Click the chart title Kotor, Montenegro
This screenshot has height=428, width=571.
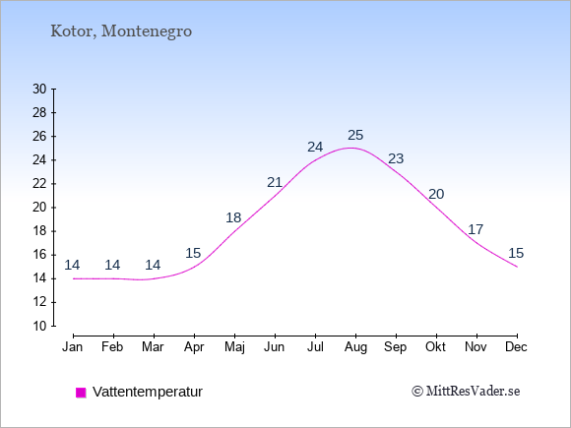(x=121, y=31)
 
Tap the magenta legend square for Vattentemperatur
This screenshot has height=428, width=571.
(x=81, y=393)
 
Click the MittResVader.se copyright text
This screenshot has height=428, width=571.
(x=466, y=392)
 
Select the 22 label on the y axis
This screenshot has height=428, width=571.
(x=39, y=184)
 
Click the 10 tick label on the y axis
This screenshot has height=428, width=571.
(x=39, y=326)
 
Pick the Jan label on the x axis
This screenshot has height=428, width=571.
(x=73, y=347)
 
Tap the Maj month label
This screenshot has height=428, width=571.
(x=234, y=347)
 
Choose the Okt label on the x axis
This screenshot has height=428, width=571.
(x=435, y=347)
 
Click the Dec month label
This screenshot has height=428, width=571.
(x=517, y=347)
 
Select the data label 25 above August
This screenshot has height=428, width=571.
(x=355, y=136)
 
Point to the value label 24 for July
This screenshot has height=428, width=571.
(x=315, y=147)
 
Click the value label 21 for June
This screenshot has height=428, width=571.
(x=275, y=182)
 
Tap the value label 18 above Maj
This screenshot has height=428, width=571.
(x=233, y=217)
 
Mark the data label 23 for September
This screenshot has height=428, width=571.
(x=396, y=158)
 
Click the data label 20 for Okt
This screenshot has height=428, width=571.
(x=436, y=195)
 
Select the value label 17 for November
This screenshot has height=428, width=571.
(x=476, y=229)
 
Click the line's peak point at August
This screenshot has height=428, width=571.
(x=351, y=148)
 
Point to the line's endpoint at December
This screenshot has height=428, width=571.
(x=517, y=267)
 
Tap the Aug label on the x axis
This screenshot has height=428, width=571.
(x=355, y=347)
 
